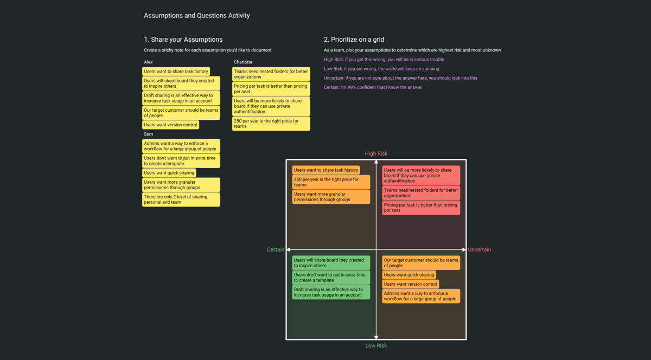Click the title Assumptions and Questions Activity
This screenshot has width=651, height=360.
click(197, 16)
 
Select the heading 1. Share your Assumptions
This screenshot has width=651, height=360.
click(183, 40)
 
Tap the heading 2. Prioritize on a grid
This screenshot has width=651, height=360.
click(354, 40)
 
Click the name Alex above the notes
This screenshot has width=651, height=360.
click(148, 62)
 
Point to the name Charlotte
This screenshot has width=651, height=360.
click(243, 62)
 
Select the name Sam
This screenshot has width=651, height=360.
click(148, 134)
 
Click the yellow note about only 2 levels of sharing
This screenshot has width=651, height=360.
click(181, 200)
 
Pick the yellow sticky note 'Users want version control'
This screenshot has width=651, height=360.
click(170, 125)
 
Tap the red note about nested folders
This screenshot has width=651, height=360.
click(421, 193)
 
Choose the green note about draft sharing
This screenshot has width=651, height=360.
click(331, 292)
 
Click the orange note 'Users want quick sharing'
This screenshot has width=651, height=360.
click(409, 275)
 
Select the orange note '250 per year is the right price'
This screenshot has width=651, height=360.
click(331, 182)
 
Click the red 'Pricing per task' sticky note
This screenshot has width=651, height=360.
click(421, 208)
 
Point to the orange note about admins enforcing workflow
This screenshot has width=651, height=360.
click(421, 296)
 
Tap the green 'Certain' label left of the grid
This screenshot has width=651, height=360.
click(276, 250)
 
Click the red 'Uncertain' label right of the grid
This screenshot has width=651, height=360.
click(479, 250)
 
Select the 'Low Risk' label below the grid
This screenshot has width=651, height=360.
click(376, 345)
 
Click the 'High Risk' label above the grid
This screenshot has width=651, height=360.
click(376, 154)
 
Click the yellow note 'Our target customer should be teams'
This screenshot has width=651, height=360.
click(181, 113)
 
